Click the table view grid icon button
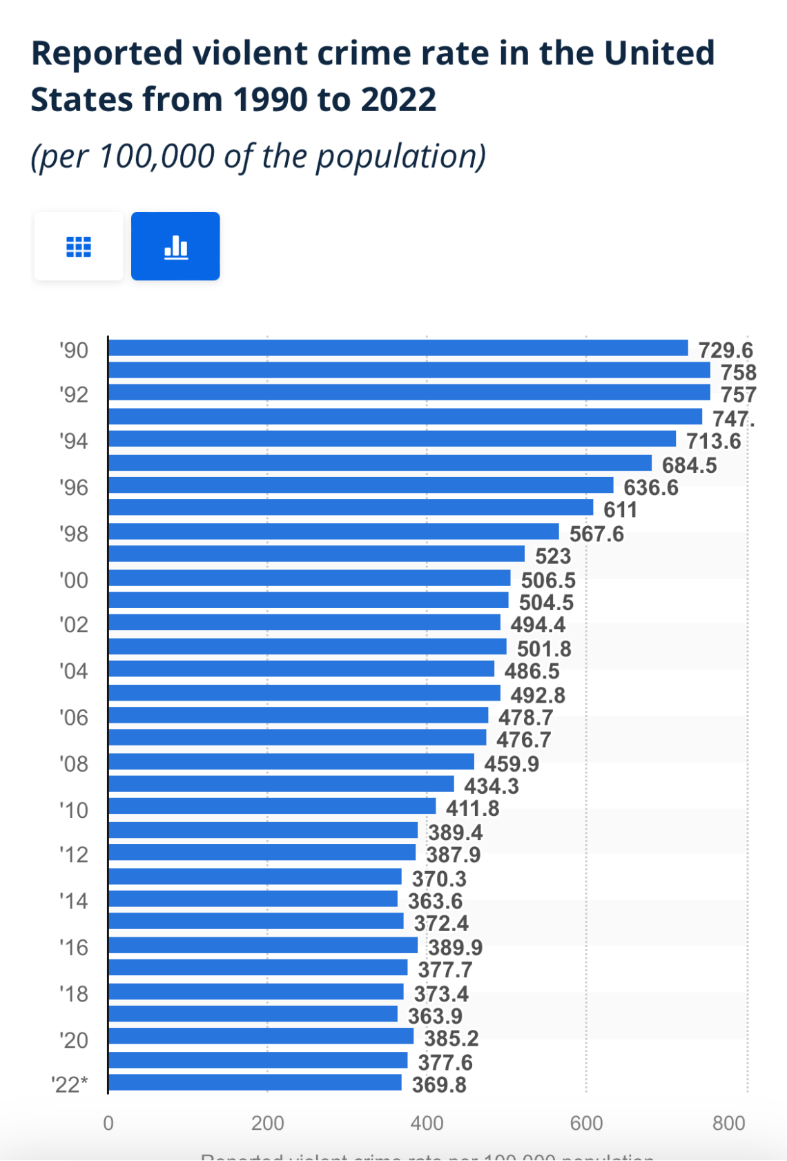click(79, 246)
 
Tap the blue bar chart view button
click(175, 246)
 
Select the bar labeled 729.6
click(398, 348)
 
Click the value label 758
click(738, 373)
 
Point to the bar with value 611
click(350, 508)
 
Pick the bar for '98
click(333, 531)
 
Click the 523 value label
click(553, 556)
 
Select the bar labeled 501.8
click(307, 647)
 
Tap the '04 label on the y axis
click(73, 671)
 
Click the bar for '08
click(291, 761)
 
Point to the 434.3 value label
click(491, 786)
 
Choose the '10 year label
click(73, 810)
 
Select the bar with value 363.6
click(253, 899)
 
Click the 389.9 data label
click(455, 947)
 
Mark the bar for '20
click(260, 1036)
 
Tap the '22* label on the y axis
click(70, 1084)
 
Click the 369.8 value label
click(439, 1085)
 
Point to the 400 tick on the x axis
click(427, 1123)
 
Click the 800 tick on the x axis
click(728, 1123)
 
